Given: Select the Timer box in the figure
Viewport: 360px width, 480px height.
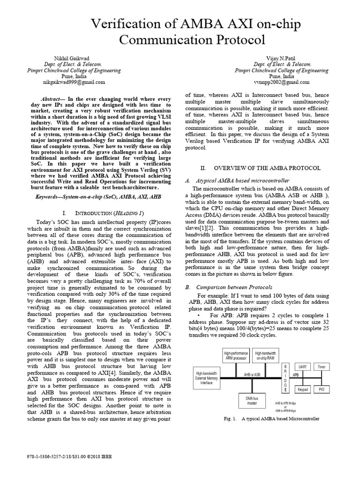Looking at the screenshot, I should click(x=321, y=367).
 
